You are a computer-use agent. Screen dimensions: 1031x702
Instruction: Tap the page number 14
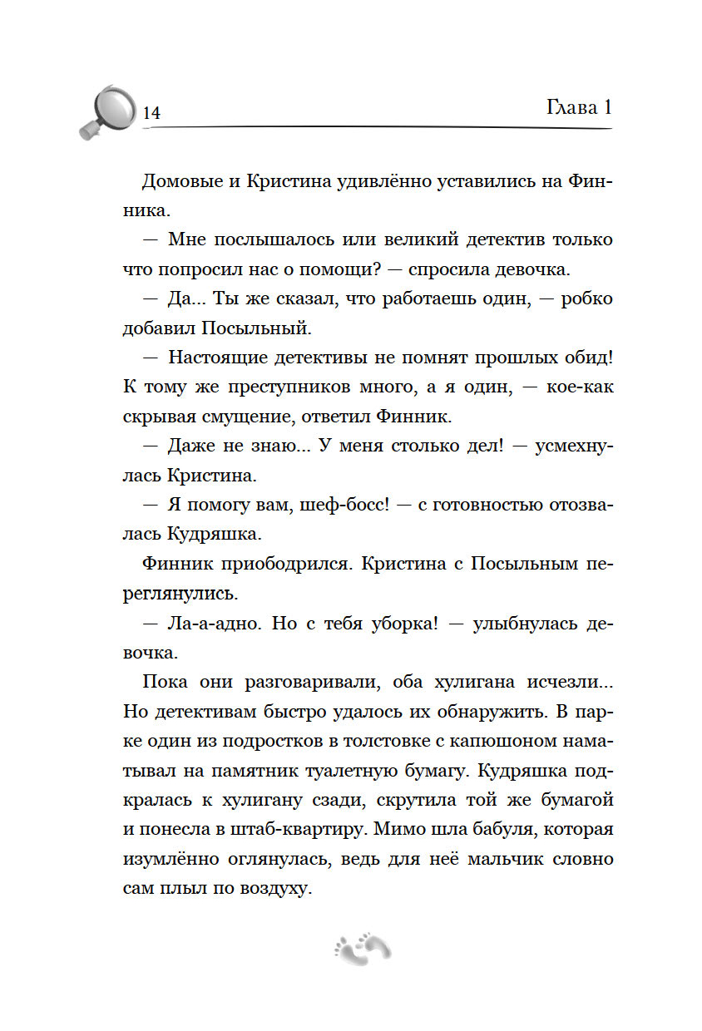(x=151, y=114)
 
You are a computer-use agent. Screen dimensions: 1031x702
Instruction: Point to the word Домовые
(x=184, y=182)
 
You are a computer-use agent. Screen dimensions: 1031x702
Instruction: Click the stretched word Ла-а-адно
(x=209, y=624)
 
